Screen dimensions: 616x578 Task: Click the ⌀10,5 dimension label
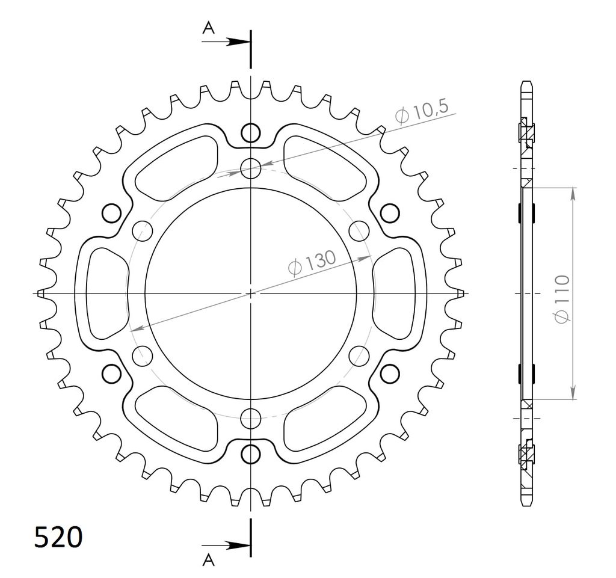coord(421,112)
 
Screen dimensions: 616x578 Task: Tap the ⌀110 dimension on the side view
coord(562,299)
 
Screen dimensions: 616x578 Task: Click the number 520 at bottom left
coord(58,536)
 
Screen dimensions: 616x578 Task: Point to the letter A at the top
coord(209,28)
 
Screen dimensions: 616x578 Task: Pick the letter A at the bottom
coord(209,561)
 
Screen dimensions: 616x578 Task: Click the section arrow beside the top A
coord(226,42)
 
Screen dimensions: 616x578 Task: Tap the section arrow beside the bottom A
coord(226,545)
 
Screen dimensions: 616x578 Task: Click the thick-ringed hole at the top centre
coord(251,133)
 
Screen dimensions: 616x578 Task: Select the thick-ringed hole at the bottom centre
coord(251,454)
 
